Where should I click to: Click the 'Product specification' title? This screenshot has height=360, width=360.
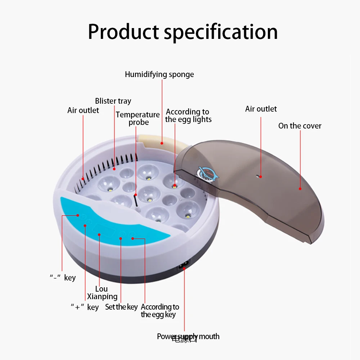[183, 32]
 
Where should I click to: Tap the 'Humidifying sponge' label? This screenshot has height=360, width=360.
[159, 75]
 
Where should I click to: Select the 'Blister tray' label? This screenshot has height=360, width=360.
[113, 101]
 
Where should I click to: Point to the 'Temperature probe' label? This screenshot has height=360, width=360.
[138, 118]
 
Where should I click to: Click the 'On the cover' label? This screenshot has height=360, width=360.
[300, 126]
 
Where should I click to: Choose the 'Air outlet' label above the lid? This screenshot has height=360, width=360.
[261, 109]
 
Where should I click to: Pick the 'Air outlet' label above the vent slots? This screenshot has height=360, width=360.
[83, 111]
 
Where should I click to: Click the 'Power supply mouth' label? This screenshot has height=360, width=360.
[188, 337]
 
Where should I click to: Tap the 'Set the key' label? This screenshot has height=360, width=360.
[121, 307]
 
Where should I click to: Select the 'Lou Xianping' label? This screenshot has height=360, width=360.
[102, 293]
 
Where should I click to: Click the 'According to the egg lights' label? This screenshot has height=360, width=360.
[188, 116]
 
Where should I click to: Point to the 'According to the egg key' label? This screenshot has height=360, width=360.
[159, 311]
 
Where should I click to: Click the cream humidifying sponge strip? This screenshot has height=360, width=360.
[162, 142]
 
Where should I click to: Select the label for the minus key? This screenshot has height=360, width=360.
[63, 278]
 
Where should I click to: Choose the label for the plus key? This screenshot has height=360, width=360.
[84, 307]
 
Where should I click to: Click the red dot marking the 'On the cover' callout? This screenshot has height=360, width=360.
[300, 188]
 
